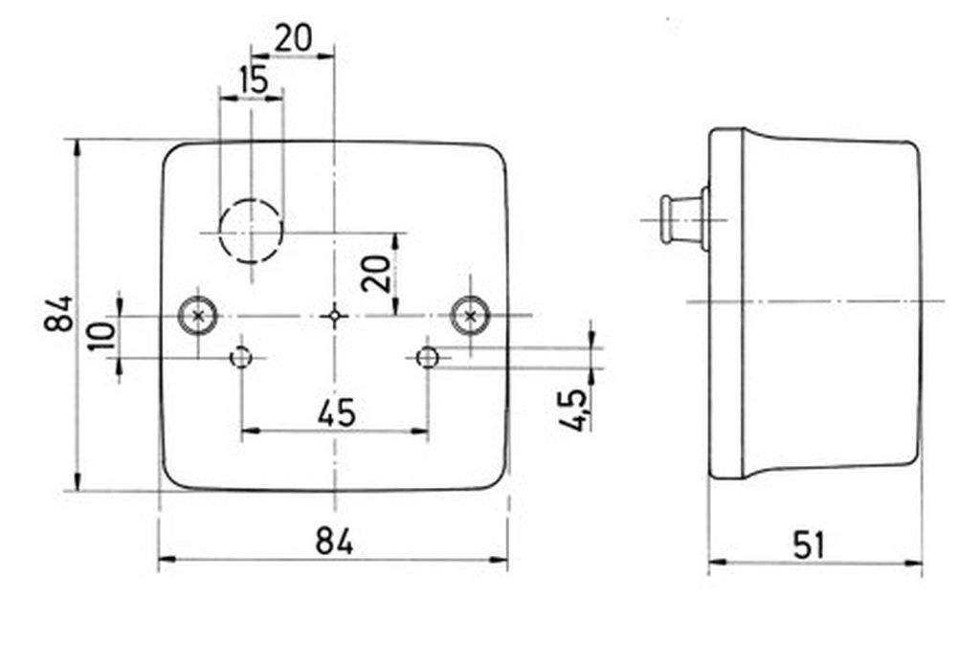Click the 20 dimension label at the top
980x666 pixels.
[x=293, y=38]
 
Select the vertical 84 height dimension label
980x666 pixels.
[x=59, y=314]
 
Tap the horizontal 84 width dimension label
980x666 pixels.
[x=334, y=541]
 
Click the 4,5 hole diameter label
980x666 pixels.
[x=574, y=411]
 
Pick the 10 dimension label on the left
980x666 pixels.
[x=102, y=336]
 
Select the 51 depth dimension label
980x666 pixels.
[x=810, y=545]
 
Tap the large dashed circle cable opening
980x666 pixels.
[x=251, y=231]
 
